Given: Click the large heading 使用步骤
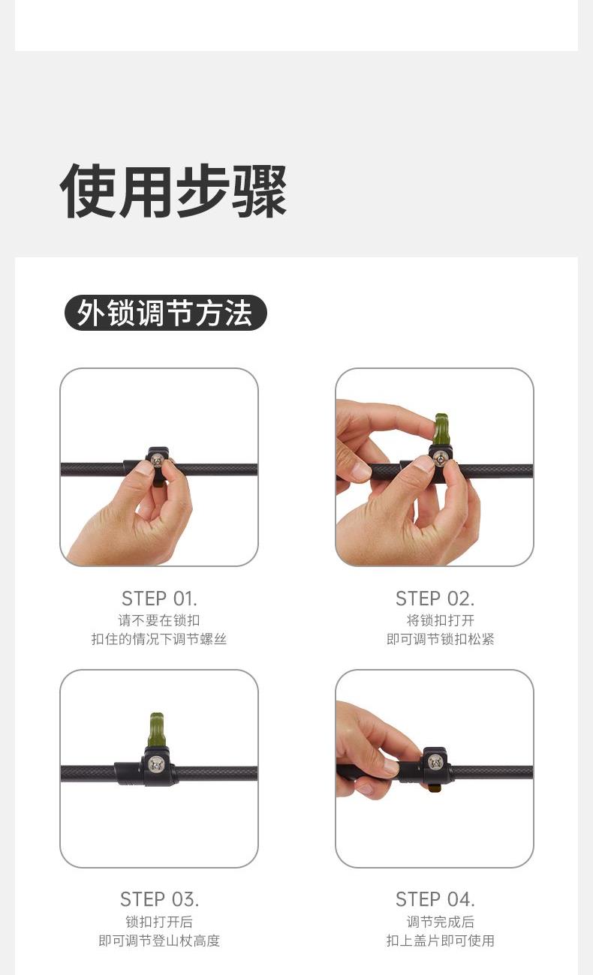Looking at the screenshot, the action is (173, 190).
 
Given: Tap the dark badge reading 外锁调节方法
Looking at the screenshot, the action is (166, 313).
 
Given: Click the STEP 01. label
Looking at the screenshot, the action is (159, 598).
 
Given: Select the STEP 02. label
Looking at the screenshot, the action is (435, 598).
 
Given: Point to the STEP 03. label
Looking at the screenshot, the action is (159, 899).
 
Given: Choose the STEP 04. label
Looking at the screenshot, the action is (435, 899).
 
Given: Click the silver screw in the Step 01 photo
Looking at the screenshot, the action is (157, 458).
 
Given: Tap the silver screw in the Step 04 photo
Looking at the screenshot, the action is (435, 762).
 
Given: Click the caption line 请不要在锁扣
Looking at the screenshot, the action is (159, 619).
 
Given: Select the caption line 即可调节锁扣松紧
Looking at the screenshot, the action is (441, 639).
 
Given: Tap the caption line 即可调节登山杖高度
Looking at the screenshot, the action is (159, 940).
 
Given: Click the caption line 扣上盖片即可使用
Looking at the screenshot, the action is (441, 940).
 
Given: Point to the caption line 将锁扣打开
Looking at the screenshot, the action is (441, 619).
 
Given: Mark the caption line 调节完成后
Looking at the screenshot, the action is (441, 922).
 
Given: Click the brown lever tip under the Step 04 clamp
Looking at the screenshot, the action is (434, 787).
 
